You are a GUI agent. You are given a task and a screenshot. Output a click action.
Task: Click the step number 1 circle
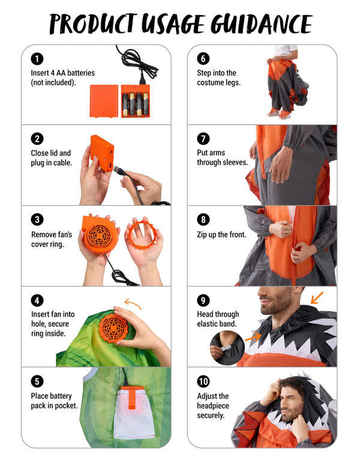38,59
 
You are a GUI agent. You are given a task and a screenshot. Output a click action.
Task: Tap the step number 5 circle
38,381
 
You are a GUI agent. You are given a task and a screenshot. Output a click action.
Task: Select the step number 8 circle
203,220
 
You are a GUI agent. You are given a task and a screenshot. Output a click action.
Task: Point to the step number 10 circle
203,381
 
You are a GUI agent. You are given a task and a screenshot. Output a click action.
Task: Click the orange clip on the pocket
129,399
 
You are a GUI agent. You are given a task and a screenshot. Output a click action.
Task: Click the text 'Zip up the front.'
221,234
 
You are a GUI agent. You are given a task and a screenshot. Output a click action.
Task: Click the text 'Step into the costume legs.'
218,77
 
